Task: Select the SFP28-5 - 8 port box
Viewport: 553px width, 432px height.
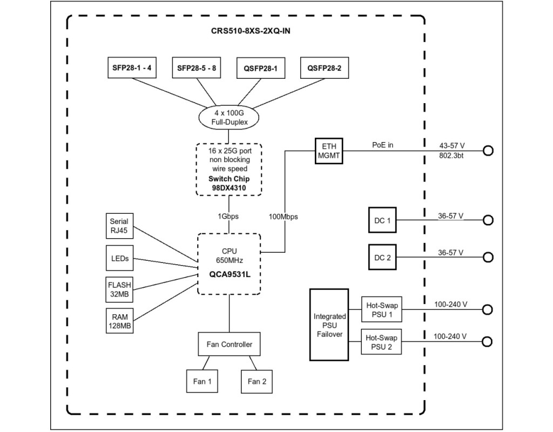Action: point(197,69)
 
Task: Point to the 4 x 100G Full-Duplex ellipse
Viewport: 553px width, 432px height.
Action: point(230,118)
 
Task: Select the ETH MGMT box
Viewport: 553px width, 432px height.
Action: point(329,151)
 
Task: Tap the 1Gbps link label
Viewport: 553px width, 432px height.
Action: point(230,217)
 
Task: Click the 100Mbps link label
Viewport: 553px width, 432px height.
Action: point(284,217)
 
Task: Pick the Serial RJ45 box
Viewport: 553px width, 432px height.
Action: point(119,226)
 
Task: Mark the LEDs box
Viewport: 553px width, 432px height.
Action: point(119,259)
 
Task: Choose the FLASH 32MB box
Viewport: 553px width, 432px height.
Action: point(119,290)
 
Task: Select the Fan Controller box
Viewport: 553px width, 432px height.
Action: point(229,345)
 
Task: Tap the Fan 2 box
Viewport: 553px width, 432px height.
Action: point(257,381)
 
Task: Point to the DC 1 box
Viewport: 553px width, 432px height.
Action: point(382,220)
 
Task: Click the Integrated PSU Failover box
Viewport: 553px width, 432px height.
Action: point(329,325)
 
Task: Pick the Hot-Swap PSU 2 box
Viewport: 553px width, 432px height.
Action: point(382,343)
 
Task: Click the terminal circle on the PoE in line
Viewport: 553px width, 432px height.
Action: point(488,151)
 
